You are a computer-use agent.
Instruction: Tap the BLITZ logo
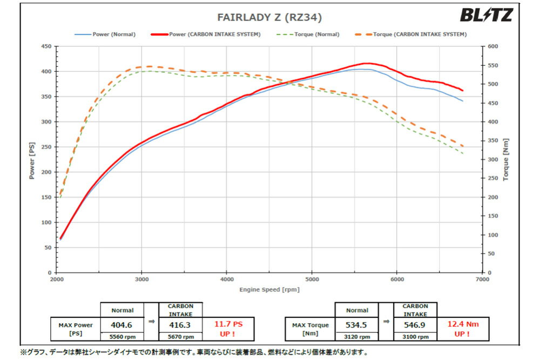pos(485,15)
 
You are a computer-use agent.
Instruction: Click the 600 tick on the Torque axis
pos(492,46)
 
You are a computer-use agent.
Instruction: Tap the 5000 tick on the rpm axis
pos(312,280)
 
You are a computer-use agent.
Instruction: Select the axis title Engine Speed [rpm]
pos(269,289)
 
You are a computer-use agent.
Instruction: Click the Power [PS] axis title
pos(31,160)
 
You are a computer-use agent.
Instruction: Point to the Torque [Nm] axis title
pos(505,160)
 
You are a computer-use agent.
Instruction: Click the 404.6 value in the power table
pos(123,325)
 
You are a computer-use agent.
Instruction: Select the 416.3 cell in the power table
pos(180,325)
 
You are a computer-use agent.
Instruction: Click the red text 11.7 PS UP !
pos(227,329)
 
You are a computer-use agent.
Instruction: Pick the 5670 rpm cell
pos(180,337)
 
